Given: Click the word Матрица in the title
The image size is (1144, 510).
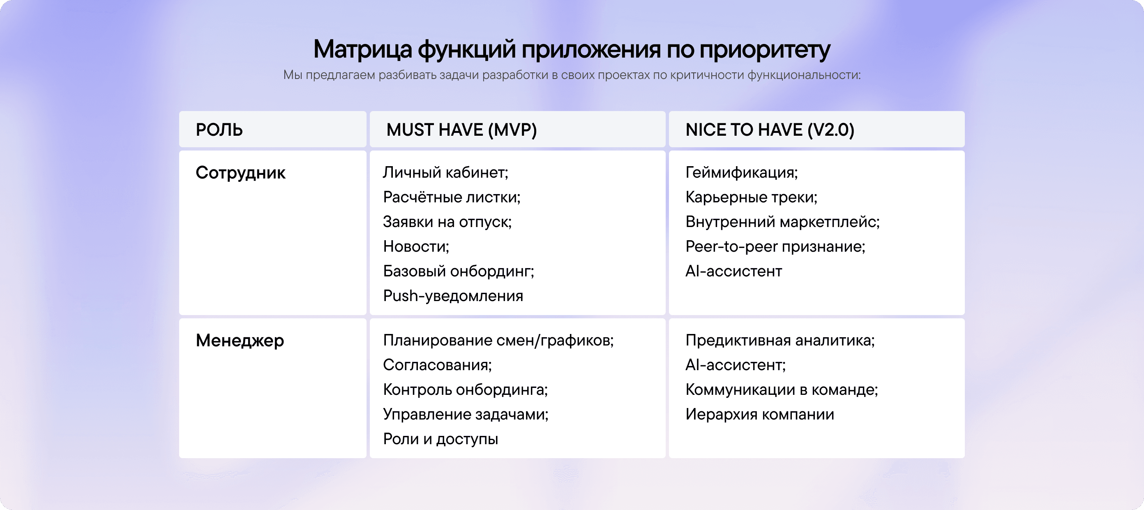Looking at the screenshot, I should (362, 49).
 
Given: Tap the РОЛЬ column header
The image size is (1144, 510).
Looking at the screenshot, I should (219, 130).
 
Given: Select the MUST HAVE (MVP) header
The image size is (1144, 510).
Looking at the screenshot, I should (461, 130).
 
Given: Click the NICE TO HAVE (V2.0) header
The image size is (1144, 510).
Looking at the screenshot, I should (770, 130).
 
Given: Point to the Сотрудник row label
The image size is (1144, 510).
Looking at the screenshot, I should (240, 173).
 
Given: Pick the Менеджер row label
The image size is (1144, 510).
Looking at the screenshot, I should (240, 341).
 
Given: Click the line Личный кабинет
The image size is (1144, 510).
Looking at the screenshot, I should (445, 172).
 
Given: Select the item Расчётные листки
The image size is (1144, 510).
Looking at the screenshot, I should (452, 197).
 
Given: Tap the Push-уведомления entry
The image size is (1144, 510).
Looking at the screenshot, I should (453, 296).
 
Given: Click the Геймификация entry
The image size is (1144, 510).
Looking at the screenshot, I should (741, 172).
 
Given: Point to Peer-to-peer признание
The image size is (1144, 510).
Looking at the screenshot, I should (775, 246).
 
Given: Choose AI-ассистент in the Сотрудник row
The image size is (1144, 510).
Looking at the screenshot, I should (733, 271).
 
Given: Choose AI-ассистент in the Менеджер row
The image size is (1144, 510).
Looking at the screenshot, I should (736, 365).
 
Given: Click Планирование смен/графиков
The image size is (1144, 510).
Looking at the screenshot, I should (498, 341).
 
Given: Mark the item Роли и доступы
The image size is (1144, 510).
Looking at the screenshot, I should (440, 439).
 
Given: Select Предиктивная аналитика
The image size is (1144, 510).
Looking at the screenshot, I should (780, 341).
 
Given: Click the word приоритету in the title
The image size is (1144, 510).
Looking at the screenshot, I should (764, 49).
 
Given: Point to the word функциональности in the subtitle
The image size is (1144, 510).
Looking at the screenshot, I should (803, 75).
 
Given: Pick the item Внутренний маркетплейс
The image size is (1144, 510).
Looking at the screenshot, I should (782, 222).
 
